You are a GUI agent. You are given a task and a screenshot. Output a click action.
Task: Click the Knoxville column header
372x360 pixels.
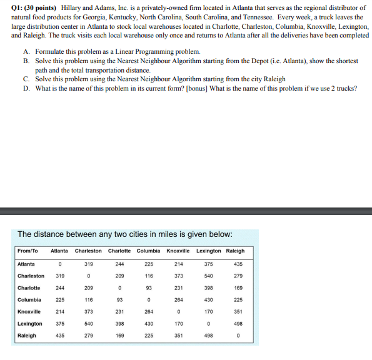point(179,251)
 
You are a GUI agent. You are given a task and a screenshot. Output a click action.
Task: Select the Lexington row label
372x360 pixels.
point(30,324)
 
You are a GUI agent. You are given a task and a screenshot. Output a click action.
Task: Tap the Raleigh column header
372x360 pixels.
point(235,251)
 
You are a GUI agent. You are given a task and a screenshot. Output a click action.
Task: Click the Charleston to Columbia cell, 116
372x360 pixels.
point(149,276)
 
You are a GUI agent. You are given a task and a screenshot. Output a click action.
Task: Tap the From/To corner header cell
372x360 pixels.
point(28,251)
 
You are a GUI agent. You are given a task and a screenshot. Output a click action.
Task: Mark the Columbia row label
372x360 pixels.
point(29,300)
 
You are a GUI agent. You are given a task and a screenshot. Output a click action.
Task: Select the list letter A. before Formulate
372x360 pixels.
point(27,51)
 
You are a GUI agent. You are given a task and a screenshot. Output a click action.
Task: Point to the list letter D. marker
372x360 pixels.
point(27,89)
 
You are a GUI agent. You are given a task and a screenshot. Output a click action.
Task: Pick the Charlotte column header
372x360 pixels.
point(119,251)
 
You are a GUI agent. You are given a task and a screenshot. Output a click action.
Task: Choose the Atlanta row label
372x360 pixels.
point(26,264)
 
